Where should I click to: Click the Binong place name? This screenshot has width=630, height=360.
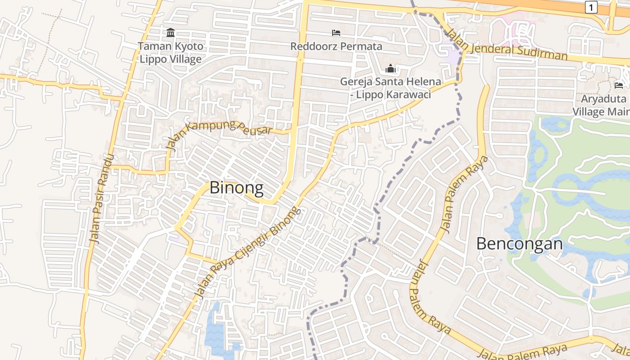point(237,188)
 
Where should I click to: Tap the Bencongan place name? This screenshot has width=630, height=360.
point(519,244)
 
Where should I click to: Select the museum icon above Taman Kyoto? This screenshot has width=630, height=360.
point(171,33)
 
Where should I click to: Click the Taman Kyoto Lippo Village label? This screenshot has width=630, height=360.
point(171,52)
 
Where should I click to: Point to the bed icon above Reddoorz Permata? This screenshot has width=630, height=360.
point(336,33)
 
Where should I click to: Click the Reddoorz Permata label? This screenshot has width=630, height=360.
point(336,46)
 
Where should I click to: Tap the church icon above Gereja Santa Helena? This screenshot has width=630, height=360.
point(390,69)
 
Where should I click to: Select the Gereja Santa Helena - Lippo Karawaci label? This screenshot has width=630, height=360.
point(390,88)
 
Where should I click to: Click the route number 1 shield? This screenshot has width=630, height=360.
point(591,7)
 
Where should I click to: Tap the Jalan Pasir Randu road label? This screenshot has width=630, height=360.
point(102,199)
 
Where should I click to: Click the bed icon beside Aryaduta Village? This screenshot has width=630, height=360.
point(619,85)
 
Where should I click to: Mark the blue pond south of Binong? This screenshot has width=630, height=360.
point(217,333)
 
